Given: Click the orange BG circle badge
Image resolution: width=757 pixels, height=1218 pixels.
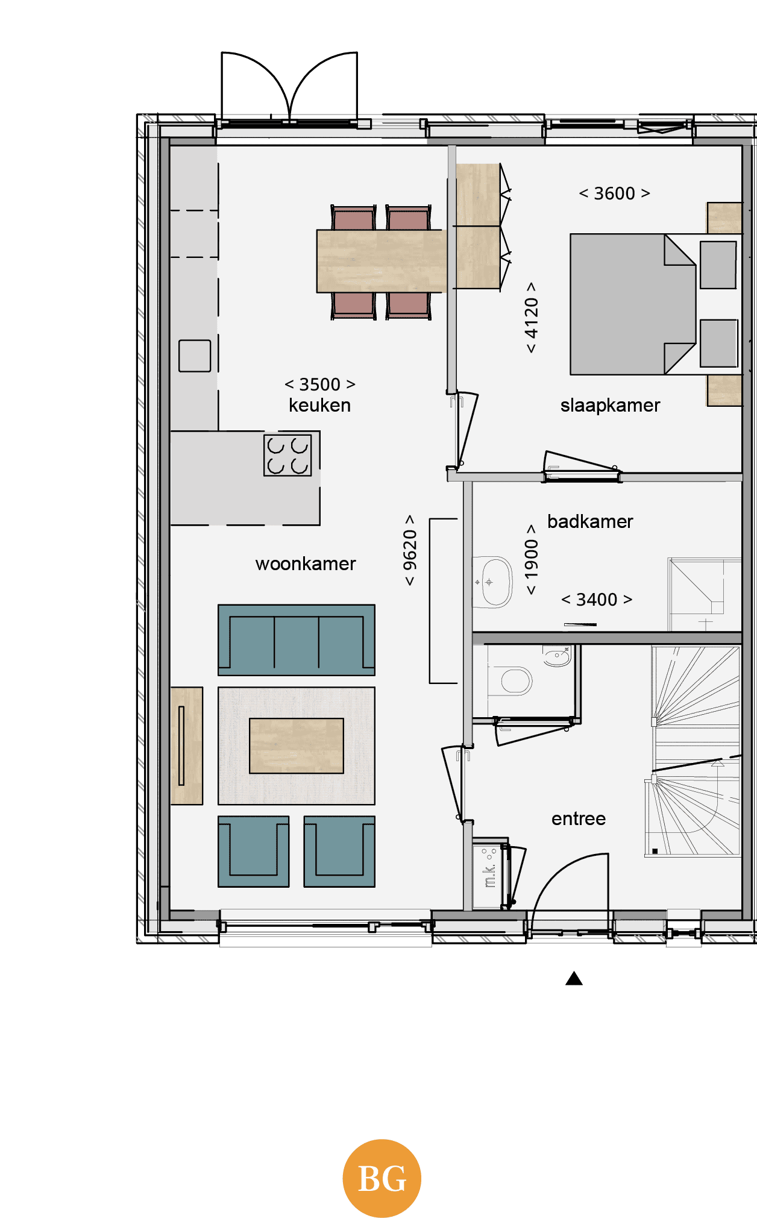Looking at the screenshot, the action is [382, 1178].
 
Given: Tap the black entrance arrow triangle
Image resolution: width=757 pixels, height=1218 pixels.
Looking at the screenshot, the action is [574, 978].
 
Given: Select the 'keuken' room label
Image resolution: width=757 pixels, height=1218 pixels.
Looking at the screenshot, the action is [319, 405].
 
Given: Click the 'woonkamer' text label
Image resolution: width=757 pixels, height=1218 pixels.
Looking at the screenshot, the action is [306, 563].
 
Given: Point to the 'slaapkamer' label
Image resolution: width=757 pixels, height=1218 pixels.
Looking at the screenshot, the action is [610, 406].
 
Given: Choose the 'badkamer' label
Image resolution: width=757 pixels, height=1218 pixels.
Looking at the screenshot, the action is [590, 521].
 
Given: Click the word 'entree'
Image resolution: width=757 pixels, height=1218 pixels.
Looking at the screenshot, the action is [579, 818].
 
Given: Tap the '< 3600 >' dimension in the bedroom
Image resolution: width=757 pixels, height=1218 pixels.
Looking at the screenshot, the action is [614, 193].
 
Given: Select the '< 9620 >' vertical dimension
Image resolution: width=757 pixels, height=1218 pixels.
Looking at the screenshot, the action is [410, 550].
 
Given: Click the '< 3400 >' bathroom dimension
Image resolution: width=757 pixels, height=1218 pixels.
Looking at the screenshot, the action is [597, 600].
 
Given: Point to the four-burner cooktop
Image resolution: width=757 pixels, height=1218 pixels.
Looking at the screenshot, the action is [287, 456].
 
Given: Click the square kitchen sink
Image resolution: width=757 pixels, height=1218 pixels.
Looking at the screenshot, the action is [195, 356].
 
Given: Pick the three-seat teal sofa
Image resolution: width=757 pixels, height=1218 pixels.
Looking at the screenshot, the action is [296, 640].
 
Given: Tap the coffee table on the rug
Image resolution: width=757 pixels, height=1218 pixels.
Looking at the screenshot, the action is [296, 746].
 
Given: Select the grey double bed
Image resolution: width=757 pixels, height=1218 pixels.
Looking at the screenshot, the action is [633, 304].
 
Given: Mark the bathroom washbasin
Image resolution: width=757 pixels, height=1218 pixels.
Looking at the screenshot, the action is [492, 582].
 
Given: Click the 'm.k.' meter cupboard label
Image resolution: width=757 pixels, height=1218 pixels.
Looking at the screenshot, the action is [489, 876].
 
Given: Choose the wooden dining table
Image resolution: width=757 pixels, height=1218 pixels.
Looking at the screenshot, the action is [382, 261].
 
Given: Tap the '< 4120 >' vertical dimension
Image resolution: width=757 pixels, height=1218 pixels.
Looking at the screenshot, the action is [531, 317].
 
